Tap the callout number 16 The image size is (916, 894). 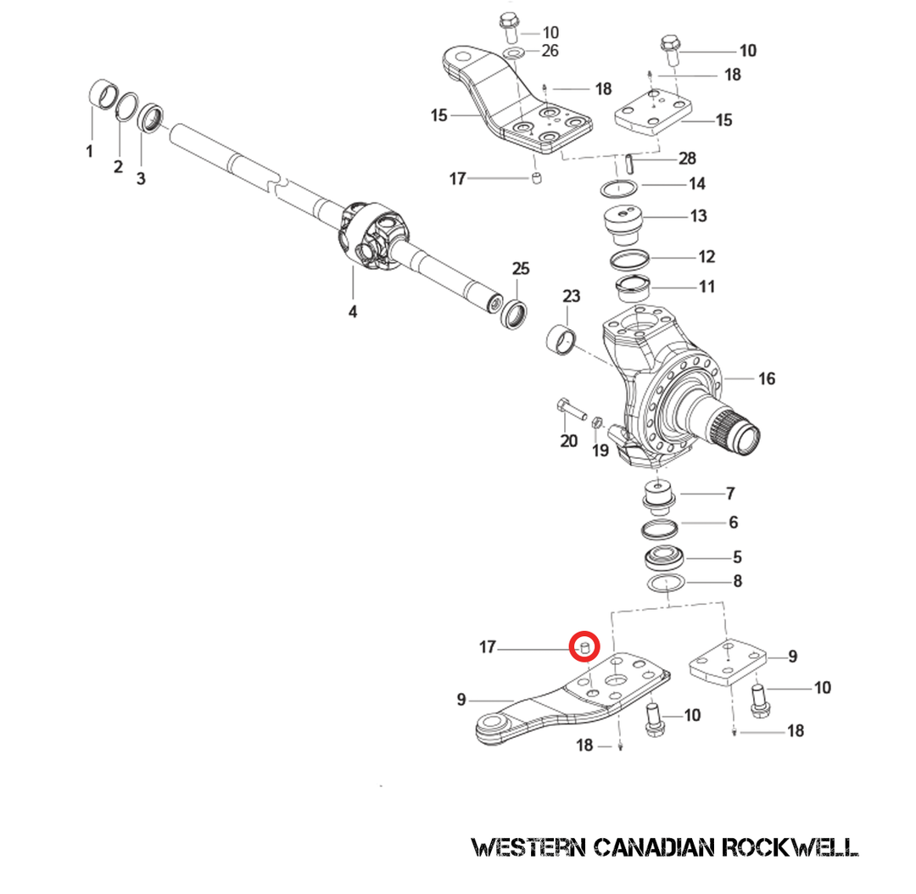tap(766, 379)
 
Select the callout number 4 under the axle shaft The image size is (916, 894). tap(352, 312)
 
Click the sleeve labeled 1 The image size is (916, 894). tap(103, 94)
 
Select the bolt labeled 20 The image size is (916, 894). tap(572, 411)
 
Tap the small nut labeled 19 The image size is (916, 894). tap(596, 422)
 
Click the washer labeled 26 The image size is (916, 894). tap(514, 54)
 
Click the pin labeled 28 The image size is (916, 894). tap(626, 161)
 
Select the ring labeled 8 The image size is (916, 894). tap(663, 584)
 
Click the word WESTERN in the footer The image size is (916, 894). tap(528, 847)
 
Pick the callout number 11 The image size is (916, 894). tap(706, 287)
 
